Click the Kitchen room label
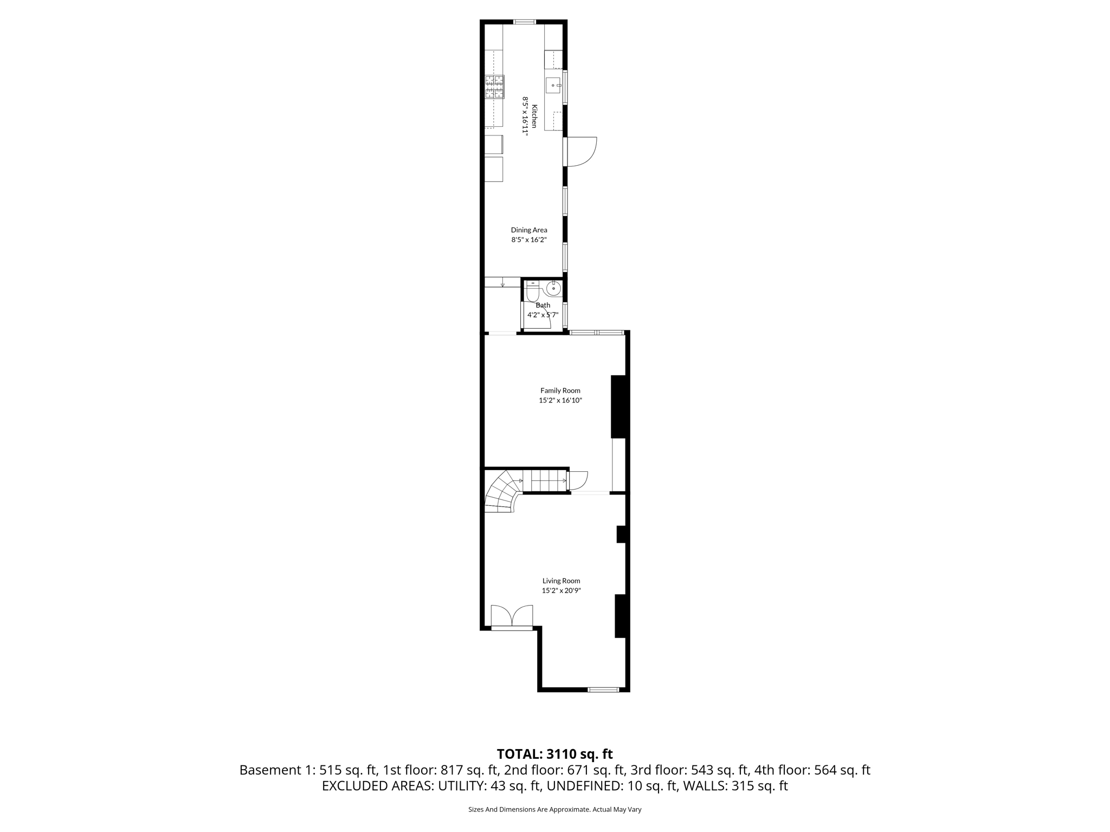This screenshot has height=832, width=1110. [534, 116]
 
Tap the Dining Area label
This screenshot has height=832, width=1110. [529, 230]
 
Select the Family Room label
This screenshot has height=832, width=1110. [560, 391]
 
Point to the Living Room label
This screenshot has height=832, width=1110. [561, 581]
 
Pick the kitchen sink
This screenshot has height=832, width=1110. [553, 86]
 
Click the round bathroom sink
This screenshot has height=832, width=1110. [553, 289]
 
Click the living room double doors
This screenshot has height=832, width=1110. [512, 616]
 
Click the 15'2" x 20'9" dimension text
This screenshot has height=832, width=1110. [561, 591]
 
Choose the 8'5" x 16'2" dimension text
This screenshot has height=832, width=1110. [529, 240]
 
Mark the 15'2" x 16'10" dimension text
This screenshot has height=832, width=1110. [560, 401]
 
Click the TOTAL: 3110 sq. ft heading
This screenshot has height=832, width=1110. [554, 754]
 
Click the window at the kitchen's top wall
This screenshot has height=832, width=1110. [524, 22]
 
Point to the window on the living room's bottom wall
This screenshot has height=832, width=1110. [603, 690]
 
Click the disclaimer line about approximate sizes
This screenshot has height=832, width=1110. [554, 810]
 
